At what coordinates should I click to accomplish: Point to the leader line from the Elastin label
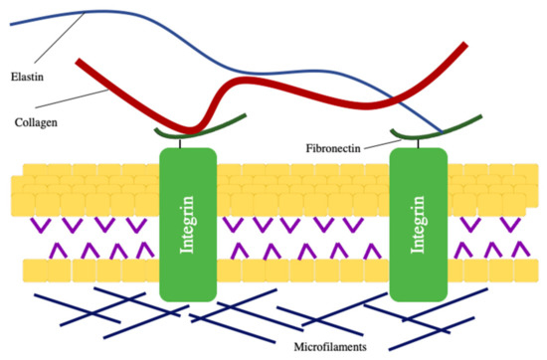pos(55,46)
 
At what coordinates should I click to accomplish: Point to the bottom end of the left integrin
pos(188,295)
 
